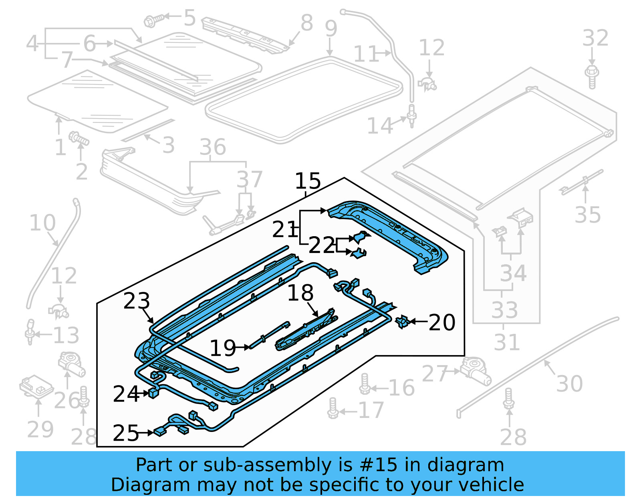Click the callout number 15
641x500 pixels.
tap(308, 181)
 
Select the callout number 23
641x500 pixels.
tap(137, 301)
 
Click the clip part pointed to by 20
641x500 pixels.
tap(402, 321)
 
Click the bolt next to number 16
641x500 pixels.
tap(365, 384)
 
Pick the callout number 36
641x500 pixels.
tap(213, 147)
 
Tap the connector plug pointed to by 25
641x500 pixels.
tap(160, 432)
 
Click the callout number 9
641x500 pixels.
tap(331, 28)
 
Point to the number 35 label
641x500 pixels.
tap(588, 215)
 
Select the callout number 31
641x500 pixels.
tap(506, 342)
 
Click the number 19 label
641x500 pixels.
tap(223, 348)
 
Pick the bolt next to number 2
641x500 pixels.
tap(79, 139)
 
